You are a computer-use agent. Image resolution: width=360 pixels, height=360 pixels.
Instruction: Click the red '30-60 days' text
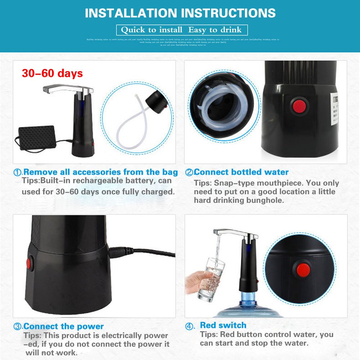(52, 73)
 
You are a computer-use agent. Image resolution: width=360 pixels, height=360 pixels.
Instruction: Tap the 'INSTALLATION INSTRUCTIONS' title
(180, 13)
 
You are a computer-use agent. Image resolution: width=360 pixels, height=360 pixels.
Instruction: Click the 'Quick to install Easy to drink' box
(182, 30)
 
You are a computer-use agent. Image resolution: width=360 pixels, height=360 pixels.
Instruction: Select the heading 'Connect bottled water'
(241, 172)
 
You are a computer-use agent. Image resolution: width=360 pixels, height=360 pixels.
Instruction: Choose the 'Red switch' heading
(223, 325)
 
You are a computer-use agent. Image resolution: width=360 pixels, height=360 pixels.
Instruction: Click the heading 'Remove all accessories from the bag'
(100, 172)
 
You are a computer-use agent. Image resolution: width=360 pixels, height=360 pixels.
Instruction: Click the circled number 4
(190, 327)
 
